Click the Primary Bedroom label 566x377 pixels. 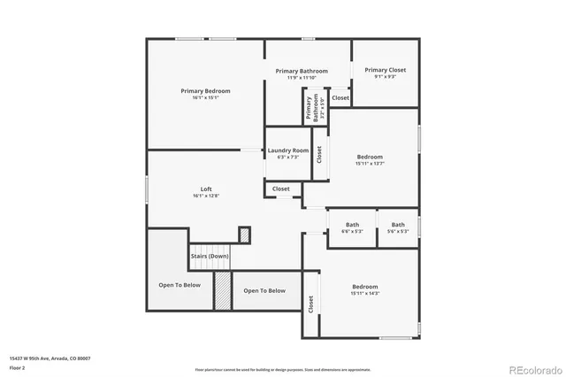coord(206,90)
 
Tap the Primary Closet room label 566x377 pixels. coord(385,70)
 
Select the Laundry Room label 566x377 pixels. coord(288,150)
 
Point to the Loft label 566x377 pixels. coord(206,188)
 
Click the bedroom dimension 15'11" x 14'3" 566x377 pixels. coord(365,294)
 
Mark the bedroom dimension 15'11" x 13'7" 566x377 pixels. coord(370,164)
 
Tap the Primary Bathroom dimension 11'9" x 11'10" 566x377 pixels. coord(302,78)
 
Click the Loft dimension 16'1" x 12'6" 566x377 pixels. coord(206,196)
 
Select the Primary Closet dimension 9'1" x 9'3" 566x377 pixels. coord(385,77)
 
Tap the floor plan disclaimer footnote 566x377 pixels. coord(283,369)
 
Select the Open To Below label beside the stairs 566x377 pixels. coord(264,290)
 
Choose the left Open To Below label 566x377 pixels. coord(180,285)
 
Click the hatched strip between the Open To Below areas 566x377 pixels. coord(222,290)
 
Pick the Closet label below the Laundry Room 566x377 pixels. coord(280,188)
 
